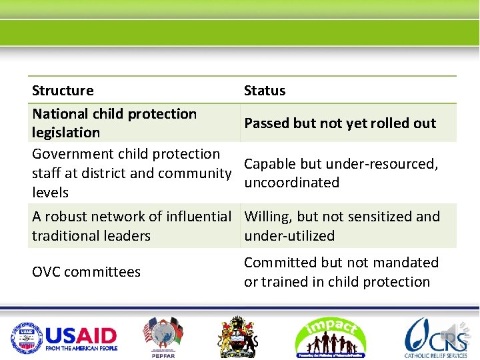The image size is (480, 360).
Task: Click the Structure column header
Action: (63, 91)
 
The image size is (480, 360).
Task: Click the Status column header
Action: (265, 91)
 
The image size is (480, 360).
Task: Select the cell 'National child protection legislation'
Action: (114, 123)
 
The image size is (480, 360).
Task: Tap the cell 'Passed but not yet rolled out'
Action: (340, 123)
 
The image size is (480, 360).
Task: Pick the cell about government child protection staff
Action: (131, 173)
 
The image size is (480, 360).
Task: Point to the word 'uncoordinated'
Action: (292, 183)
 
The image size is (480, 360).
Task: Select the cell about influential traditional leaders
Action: (131, 226)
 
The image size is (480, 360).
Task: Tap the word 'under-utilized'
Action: (289, 236)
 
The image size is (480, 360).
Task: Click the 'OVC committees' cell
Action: (86, 272)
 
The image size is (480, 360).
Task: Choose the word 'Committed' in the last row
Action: (274, 263)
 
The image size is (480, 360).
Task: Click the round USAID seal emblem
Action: (26, 338)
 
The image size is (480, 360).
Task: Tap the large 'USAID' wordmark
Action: (81, 335)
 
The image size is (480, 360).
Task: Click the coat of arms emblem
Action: (239, 337)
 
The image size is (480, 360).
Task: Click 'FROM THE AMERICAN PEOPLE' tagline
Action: (81, 349)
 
